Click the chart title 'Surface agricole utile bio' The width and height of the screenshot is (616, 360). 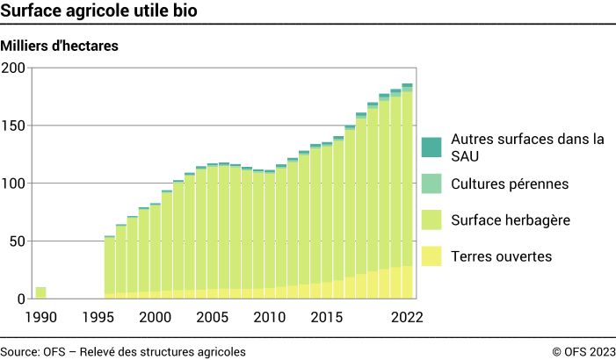tap(98, 11)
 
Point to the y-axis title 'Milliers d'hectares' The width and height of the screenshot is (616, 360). tap(60, 45)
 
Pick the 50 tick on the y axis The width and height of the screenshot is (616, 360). tap(17, 241)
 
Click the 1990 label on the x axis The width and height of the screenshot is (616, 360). tap(40, 317)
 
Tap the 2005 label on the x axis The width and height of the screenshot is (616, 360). tap(213, 317)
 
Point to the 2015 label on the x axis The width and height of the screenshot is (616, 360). tap(327, 317)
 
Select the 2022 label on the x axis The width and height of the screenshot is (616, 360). tap(407, 317)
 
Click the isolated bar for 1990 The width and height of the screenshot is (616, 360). tap(40, 292)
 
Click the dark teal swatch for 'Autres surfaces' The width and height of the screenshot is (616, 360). tap(431, 148)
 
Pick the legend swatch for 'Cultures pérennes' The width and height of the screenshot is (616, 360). tap(431, 184)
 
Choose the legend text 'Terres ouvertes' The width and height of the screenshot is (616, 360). tap(501, 256)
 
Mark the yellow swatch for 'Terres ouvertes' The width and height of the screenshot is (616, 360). tap(431, 256)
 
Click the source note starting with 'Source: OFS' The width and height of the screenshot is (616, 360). tap(123, 351)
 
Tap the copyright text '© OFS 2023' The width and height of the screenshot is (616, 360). tap(583, 351)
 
